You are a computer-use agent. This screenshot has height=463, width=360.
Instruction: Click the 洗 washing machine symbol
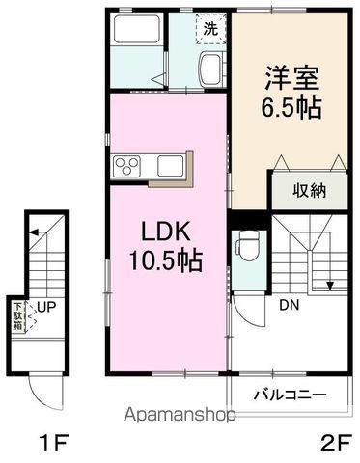209,29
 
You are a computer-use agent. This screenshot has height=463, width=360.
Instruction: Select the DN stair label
289,305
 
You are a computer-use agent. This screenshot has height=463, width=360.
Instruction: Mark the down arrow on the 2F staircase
331,284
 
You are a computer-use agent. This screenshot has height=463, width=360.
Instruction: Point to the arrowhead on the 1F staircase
33,232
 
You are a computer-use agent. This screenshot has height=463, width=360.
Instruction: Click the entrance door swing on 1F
44,391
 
